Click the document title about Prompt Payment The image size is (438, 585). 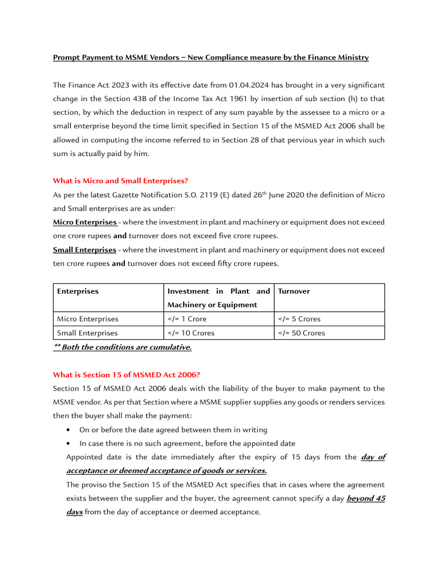pos(210,58)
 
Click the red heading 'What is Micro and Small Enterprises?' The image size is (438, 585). pos(120,181)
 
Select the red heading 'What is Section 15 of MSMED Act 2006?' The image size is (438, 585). pos(126,375)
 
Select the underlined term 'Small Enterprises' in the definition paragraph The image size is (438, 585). pos(84,250)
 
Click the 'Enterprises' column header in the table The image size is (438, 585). pos(78,291)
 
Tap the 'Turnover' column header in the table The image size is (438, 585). pos(294,291)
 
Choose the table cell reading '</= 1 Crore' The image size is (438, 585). pos(187,319)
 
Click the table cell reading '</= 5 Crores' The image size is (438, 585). pos(299,319)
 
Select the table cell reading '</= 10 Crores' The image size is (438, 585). pos(191,333)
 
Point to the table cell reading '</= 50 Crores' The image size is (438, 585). pos(302,333)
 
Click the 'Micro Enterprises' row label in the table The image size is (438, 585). pos(87,319)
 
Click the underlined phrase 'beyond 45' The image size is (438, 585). pos(366,499)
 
